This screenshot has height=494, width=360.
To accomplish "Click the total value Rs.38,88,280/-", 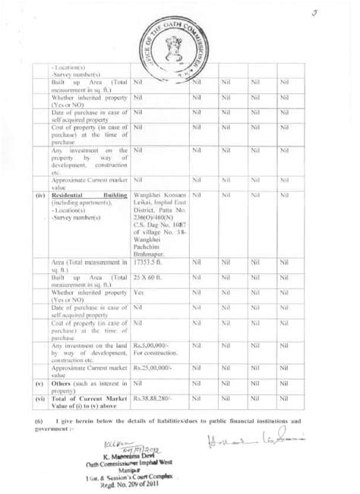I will click(x=153, y=397).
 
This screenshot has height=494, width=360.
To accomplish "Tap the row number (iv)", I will click(x=40, y=195).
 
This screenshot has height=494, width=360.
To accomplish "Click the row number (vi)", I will click(x=40, y=397).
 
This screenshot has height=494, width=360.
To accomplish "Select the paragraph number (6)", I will click(x=39, y=419).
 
